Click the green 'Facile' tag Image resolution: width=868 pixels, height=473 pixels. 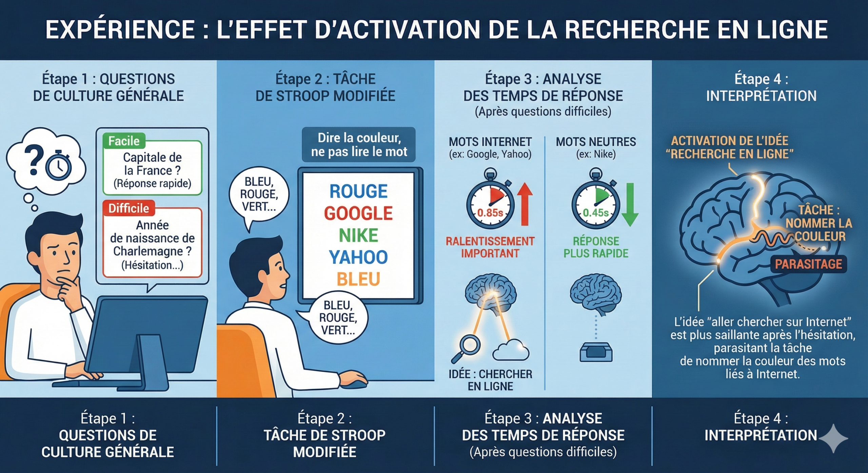click(124, 141)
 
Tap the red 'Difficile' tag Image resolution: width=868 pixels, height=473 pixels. click(129, 208)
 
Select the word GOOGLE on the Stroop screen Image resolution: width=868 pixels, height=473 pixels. click(358, 213)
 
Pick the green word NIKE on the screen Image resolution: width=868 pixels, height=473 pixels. click(358, 235)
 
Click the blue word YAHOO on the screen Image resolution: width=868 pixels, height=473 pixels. click(358, 257)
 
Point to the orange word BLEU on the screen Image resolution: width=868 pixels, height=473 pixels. click(358, 279)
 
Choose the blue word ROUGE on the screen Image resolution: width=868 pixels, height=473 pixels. click(358, 191)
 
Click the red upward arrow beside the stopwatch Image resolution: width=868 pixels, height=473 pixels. click(525, 204)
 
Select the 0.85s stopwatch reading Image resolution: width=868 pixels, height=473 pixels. click(490, 213)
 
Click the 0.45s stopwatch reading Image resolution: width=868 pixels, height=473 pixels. click(596, 213)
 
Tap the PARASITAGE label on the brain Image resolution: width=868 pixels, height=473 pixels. click(808, 264)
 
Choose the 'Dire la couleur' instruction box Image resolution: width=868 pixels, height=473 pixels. click(359, 145)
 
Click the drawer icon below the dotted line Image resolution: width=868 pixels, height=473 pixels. click(596, 352)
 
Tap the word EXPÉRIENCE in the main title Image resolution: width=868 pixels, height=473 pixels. click(120, 29)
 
